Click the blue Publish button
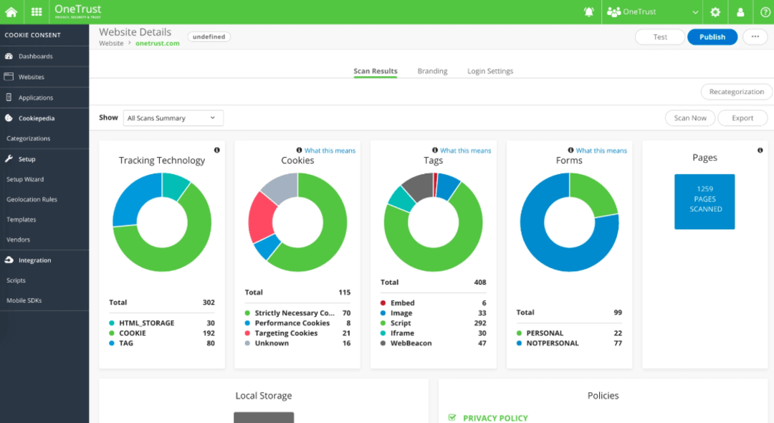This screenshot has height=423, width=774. point(712,37)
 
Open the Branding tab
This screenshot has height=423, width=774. point(432,71)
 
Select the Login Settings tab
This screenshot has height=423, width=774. point(490,71)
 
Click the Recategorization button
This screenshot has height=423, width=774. point(736,92)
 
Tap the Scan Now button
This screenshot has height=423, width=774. point(689,118)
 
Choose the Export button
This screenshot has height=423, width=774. point(742,118)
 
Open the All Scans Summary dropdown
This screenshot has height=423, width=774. point(172,118)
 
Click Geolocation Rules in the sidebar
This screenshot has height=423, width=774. point(32,199)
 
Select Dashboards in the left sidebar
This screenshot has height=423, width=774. point(35,56)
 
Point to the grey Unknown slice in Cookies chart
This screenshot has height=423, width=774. point(279,187)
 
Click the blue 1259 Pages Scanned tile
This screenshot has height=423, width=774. point(704,201)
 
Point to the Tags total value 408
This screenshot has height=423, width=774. point(479,282)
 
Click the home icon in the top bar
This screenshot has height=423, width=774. point(11,12)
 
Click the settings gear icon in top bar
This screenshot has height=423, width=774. point(715,12)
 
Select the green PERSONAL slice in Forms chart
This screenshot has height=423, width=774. point(594,194)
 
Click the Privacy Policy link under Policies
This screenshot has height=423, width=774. point(494,418)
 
